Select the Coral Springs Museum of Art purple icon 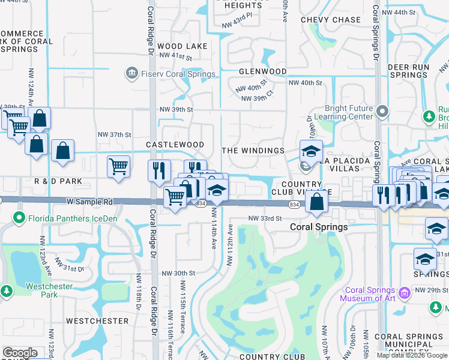(x=405, y=293)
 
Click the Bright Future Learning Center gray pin (x=382, y=110)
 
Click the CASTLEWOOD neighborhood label (x=175, y=145)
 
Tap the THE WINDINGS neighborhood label (x=253, y=150)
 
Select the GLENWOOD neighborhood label (x=263, y=71)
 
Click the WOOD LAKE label (x=182, y=46)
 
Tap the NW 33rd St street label (x=265, y=218)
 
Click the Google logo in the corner (x=19, y=353)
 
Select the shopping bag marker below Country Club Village (x=316, y=201)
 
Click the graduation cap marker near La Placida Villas (x=311, y=151)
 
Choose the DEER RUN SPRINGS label (x=408, y=71)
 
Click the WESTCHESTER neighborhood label (x=97, y=321)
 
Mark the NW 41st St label (x=176, y=58)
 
